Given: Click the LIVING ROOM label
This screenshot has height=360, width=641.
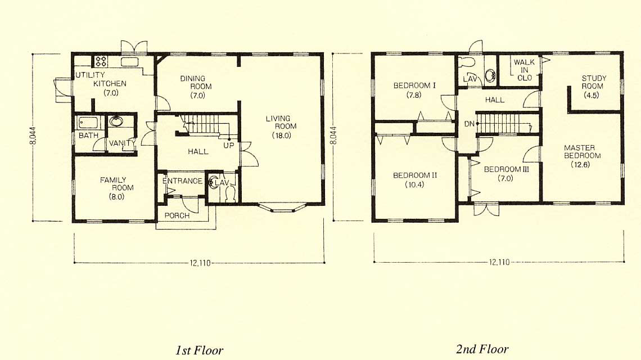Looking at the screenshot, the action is click(281, 122).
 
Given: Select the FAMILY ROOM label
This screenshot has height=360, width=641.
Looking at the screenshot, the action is click(116, 184).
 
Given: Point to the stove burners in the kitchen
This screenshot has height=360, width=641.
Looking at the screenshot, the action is click(101, 61).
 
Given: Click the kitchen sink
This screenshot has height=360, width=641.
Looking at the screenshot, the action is click(130, 62).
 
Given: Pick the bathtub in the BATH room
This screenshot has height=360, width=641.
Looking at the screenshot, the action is click(88, 123).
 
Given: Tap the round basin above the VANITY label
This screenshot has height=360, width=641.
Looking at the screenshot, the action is click(116, 121).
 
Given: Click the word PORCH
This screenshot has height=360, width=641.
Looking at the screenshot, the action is click(177, 215).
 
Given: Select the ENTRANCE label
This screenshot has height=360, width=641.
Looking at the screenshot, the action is click(182, 181).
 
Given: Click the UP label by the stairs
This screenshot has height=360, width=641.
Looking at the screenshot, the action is click(228, 145).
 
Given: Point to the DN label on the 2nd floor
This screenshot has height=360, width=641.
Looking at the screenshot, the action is click(469, 124).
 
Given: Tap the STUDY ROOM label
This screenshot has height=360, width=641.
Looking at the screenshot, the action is click(594, 82).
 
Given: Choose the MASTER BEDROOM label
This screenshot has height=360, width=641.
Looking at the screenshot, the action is click(582, 151).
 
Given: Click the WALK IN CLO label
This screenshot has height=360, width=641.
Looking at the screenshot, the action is click(524, 70).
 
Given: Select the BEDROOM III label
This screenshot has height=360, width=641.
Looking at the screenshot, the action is click(506, 169).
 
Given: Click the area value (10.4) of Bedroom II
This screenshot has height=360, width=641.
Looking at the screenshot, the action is click(414, 184).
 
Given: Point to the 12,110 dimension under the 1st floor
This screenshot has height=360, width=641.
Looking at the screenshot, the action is click(200, 263).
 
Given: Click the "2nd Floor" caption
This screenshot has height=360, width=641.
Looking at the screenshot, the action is click(482, 349).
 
